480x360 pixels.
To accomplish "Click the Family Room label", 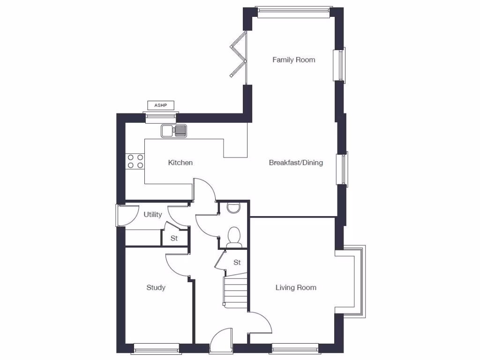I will [x=294, y=60].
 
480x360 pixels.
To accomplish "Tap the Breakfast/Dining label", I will [x=296, y=163].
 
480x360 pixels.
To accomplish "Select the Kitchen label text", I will [x=180, y=163].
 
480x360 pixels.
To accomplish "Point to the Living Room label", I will [x=296, y=287].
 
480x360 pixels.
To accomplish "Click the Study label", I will [x=156, y=287].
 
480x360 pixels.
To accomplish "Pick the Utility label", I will [x=153, y=215].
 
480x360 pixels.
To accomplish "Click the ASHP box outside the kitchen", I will [x=161, y=105].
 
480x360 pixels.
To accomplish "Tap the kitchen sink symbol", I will [x=174, y=131].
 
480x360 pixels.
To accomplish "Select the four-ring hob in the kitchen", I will [x=135, y=161].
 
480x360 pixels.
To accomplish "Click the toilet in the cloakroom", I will [x=234, y=236].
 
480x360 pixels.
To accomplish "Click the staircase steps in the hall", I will [x=235, y=292].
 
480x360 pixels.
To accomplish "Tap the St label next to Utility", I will [x=174, y=238].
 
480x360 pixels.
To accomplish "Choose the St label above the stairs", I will [x=237, y=262].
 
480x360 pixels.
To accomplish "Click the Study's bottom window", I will [x=157, y=348].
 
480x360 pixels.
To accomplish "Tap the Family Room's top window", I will [x=294, y=12].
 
